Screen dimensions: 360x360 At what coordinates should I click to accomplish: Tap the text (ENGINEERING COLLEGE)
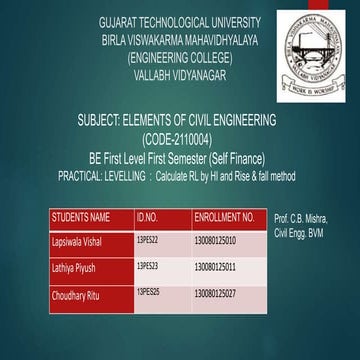(178, 57)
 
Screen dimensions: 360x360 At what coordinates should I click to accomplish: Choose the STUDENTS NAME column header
(81, 217)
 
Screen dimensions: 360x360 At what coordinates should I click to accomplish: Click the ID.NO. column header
(147, 217)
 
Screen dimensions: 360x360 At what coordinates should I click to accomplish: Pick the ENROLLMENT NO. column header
(225, 217)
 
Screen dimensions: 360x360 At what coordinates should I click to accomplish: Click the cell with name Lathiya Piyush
(76, 268)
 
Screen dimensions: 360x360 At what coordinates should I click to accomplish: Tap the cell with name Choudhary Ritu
(77, 295)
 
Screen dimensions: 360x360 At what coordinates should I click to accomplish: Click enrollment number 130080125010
(216, 241)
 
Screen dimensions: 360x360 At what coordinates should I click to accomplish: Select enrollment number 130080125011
(216, 268)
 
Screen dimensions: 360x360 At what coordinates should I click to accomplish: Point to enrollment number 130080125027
(216, 295)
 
